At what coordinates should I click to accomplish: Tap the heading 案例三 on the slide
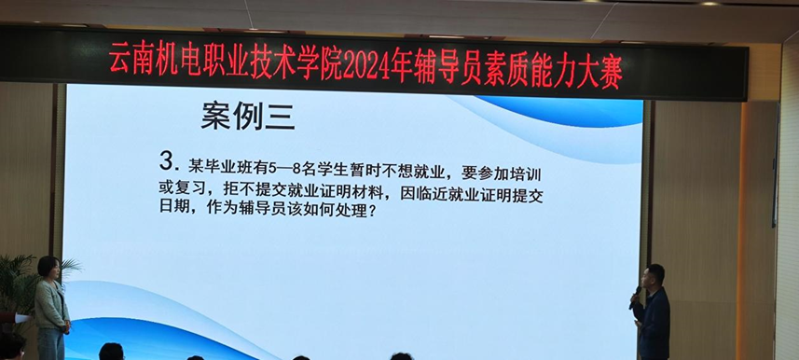[x=247, y=117]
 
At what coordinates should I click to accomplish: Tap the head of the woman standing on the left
[x=48, y=268]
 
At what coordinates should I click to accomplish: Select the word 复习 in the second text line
[x=192, y=190]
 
